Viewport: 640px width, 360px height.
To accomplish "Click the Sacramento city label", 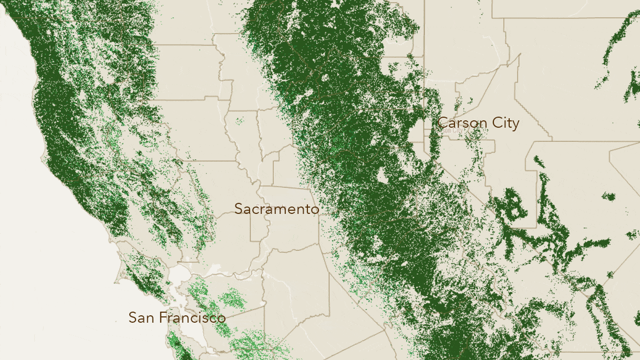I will coord(276,209).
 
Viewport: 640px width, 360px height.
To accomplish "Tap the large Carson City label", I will coord(478,123).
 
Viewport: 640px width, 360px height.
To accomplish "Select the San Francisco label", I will coord(177,317).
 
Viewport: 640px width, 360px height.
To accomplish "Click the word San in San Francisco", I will coord(141,317).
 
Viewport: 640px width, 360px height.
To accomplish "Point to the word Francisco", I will coord(192,317).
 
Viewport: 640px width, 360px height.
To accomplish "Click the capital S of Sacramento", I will coord(239,209).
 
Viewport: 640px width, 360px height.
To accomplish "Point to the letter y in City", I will coord(515,125).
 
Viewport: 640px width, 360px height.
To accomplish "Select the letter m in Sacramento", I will coord(280,209).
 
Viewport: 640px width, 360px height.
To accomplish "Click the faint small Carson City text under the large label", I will coord(453,130).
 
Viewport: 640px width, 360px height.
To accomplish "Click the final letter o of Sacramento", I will coord(315,209).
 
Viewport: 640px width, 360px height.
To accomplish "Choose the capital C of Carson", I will coord(442,123).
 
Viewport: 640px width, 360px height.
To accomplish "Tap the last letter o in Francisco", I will coord(222,318).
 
